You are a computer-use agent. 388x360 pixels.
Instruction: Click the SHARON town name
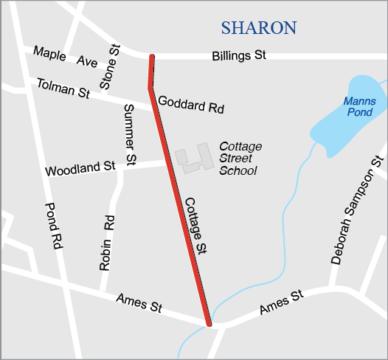click(258, 28)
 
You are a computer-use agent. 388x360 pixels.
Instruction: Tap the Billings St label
click(238, 56)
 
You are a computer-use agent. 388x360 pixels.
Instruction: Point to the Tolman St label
click(63, 89)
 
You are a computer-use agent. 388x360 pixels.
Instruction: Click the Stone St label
click(109, 67)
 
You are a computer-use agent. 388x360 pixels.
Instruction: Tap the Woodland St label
click(80, 169)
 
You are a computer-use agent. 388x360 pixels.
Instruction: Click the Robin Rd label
click(107, 243)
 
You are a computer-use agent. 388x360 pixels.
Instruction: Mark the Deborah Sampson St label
click(357, 210)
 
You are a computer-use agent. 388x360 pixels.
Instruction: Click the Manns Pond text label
click(359, 106)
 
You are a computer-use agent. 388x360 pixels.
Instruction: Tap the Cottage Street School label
click(239, 159)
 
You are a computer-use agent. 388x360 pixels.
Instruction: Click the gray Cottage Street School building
click(192, 159)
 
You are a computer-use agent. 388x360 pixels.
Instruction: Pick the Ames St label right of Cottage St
click(281, 303)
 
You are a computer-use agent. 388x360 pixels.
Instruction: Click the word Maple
click(49, 54)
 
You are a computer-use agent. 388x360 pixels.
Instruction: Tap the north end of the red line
click(152, 57)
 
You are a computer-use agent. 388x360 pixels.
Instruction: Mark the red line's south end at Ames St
click(209, 322)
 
